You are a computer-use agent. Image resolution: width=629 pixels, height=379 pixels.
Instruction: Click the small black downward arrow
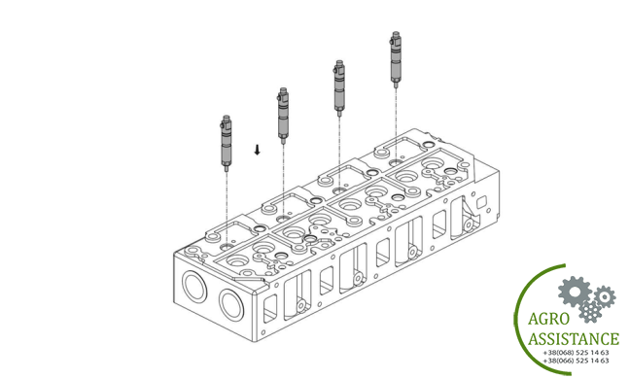tap(257, 150)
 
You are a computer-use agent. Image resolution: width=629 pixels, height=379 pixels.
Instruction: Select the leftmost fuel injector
tap(227, 143)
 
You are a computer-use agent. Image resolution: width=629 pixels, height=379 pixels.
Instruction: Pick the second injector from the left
tap(283, 115)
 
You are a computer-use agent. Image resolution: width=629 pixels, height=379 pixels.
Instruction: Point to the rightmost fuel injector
tap(396, 59)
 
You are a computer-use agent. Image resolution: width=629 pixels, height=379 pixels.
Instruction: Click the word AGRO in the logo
tap(548, 319)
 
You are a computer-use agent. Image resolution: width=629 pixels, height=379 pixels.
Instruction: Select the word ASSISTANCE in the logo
tap(574, 339)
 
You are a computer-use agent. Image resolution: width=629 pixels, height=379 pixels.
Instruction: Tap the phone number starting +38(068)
tap(576, 353)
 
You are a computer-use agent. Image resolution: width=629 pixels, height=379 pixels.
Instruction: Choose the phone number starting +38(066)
tap(576, 361)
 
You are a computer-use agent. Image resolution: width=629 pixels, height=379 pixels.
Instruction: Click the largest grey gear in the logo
tap(574, 292)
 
